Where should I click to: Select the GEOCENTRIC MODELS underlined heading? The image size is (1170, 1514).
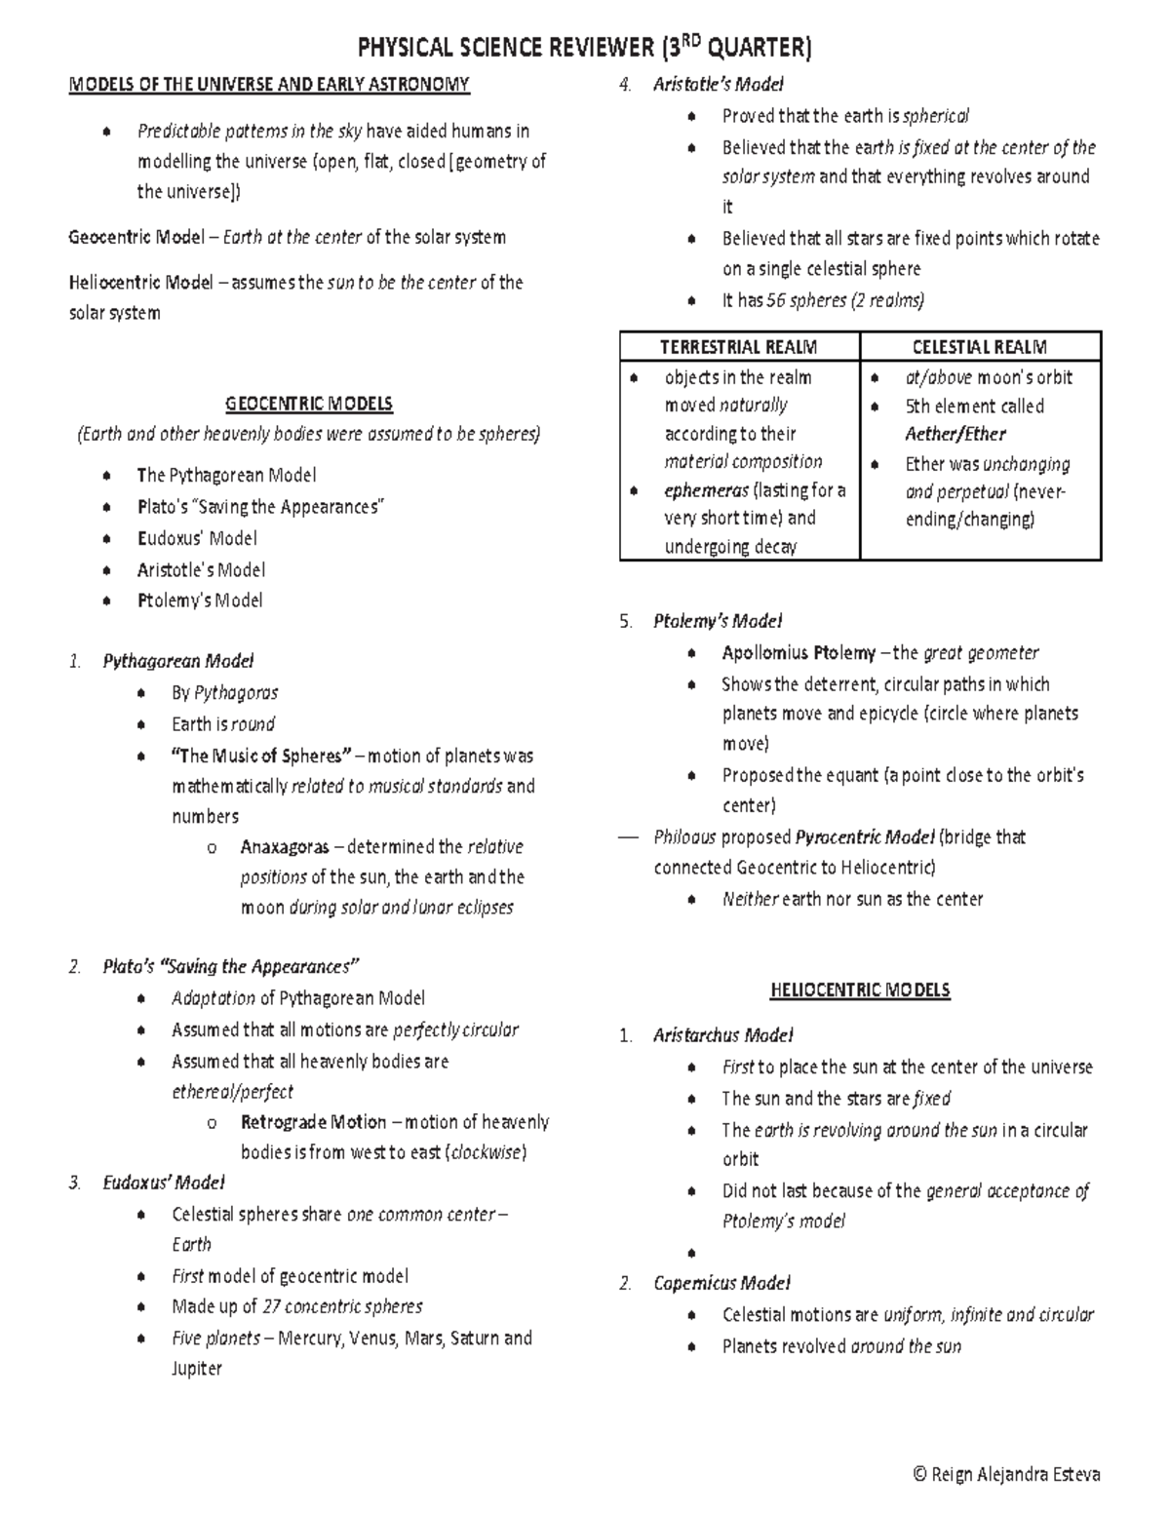[x=308, y=404]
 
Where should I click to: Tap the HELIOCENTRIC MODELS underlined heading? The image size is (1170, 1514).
[x=860, y=990]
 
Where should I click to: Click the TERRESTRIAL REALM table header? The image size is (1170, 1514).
[x=738, y=347]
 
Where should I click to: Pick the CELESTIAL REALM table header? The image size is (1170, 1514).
[x=979, y=347]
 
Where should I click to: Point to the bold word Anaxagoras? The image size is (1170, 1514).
[x=285, y=847]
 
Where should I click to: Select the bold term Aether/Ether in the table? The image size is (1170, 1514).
[x=955, y=435]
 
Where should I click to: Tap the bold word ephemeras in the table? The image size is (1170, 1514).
[x=706, y=490]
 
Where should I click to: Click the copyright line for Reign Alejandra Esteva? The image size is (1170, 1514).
[x=1005, y=1475]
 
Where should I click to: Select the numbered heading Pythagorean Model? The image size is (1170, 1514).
[x=178, y=661]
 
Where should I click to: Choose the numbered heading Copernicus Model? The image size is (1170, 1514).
[x=721, y=1283]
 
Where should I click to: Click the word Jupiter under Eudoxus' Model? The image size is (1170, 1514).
[x=197, y=1369]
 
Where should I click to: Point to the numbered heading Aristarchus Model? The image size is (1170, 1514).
[x=722, y=1035]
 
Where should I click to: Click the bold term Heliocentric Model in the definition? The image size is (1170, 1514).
[x=140, y=283]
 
